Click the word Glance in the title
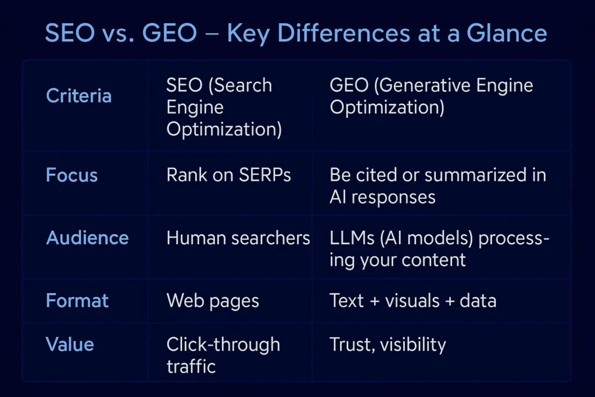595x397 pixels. [x=507, y=33]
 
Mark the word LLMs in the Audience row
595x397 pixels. [x=352, y=238]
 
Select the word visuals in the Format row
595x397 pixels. [x=413, y=301]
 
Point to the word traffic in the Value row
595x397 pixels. [x=191, y=366]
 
